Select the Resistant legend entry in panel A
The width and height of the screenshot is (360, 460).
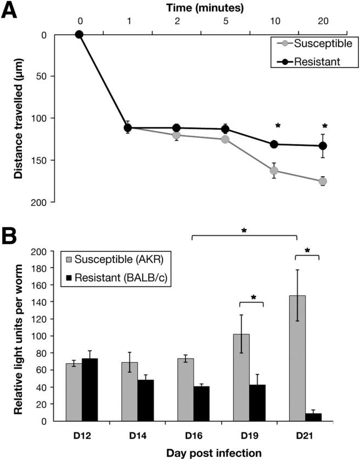[x=310, y=61]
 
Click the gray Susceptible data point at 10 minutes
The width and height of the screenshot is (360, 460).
[x=274, y=170]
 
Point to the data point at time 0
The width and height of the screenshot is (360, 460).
[x=79, y=34]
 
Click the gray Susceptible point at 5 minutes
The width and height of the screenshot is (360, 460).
[x=225, y=139]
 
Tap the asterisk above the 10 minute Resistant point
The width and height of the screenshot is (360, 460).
[x=278, y=126]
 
